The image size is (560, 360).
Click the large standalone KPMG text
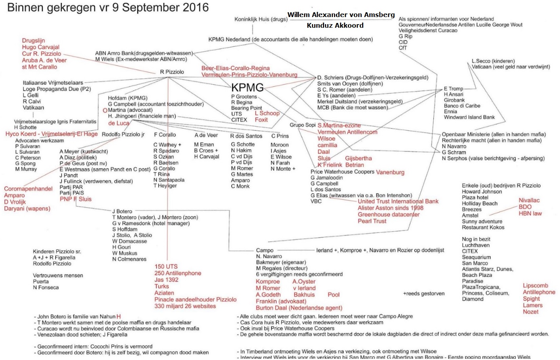point(247,88)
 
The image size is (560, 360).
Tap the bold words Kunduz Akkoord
point(335,25)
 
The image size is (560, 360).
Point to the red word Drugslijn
point(33,40)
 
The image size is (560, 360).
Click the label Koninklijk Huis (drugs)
point(261,19)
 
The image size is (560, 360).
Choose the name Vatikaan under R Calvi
point(33,107)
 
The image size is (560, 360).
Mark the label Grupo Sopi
point(302,125)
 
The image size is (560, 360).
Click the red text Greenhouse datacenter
point(388,214)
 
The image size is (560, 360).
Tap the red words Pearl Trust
point(372,221)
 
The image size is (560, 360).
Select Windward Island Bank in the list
point(469,117)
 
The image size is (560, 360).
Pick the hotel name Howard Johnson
point(482,192)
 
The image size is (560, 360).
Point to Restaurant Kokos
point(483,227)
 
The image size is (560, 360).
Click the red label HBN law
point(530,213)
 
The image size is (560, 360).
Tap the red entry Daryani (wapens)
point(27,208)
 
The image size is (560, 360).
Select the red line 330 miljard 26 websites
point(185,306)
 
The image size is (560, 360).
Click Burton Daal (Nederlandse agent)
point(299,308)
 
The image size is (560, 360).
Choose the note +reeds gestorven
point(423,293)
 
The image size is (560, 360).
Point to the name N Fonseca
point(46,288)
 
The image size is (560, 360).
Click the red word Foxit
point(261,120)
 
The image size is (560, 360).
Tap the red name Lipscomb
point(535,286)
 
